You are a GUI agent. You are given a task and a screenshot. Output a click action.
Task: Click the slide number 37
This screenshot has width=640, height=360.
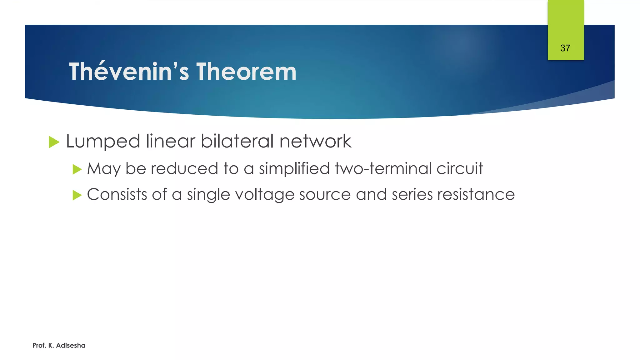pos(565,48)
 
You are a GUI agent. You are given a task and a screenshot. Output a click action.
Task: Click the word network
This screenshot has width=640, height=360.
pos(315,141)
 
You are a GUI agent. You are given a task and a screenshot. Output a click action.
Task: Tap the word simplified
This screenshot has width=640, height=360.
pos(294,168)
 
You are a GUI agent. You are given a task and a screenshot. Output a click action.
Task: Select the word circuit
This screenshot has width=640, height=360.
pos(460,168)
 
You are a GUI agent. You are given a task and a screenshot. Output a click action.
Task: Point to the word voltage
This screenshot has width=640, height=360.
pos(265,195)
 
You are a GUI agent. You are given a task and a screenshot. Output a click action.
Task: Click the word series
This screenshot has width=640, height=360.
pos(412,194)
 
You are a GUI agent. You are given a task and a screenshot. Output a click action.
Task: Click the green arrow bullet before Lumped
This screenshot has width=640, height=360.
pos(54,142)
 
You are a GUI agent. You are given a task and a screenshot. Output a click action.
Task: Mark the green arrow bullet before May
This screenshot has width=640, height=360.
pos(77,169)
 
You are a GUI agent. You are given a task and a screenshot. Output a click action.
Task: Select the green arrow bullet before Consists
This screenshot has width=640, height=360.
pos(77,195)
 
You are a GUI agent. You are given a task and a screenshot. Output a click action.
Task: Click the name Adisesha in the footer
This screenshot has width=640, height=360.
pos(71,345)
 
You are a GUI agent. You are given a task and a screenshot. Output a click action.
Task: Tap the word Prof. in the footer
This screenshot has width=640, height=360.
pos(39,345)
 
